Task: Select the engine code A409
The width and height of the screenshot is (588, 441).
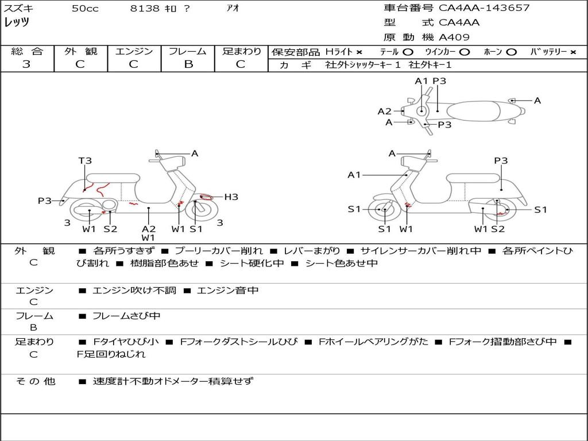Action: (x=454, y=37)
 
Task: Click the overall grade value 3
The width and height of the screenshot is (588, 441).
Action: (x=26, y=64)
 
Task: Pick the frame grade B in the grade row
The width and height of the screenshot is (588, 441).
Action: (x=188, y=64)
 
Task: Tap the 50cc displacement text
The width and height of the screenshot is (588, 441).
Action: (x=85, y=9)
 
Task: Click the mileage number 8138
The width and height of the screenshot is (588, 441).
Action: (x=145, y=9)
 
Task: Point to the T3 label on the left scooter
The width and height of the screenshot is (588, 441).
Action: (x=85, y=161)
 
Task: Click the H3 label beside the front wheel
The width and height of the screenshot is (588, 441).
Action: (x=231, y=197)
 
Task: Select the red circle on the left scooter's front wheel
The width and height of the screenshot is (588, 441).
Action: (x=203, y=198)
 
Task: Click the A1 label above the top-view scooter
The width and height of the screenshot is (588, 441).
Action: (x=421, y=81)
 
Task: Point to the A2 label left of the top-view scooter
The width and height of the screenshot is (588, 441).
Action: (x=384, y=111)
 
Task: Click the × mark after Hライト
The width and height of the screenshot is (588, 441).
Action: (x=359, y=52)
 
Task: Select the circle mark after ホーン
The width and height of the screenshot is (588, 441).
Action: (x=511, y=52)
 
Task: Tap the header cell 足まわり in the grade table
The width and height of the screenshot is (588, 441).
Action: (x=241, y=51)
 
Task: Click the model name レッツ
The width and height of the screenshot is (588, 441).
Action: (x=17, y=23)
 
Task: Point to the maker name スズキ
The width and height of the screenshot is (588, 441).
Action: (x=18, y=9)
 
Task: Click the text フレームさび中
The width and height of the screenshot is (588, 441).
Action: (x=126, y=316)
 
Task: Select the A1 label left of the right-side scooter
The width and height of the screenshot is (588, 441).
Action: (x=354, y=175)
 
